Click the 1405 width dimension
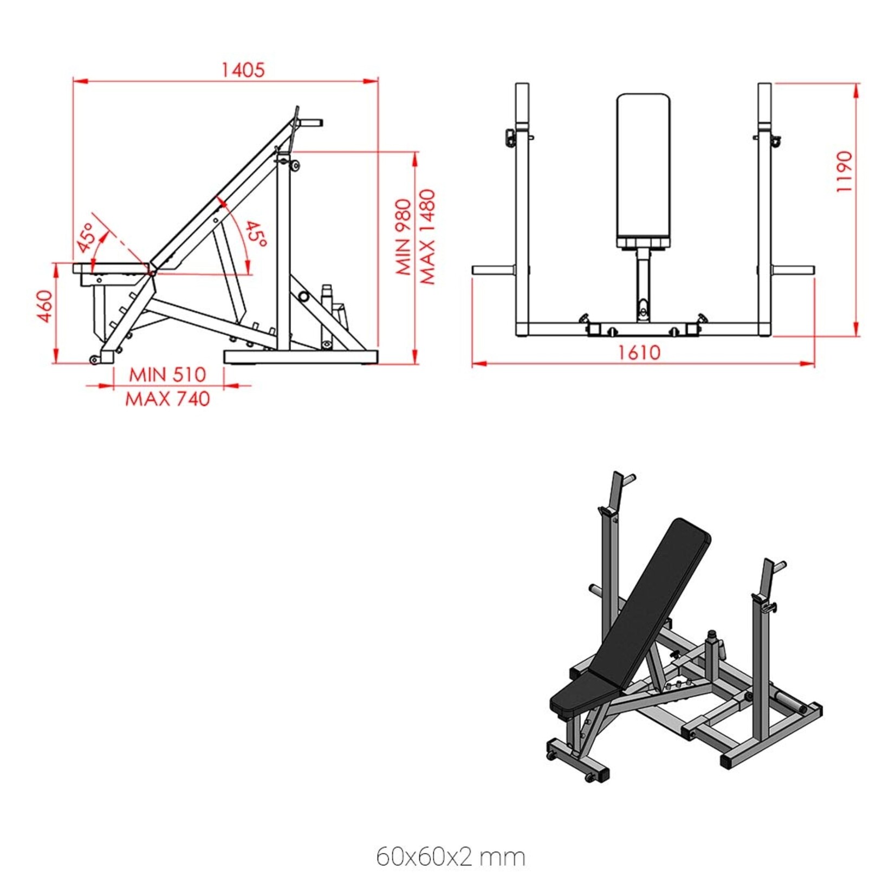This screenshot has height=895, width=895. point(243,70)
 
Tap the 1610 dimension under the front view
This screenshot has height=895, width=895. point(639,353)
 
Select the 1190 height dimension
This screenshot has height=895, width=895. point(845,171)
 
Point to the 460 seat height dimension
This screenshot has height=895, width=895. point(45,306)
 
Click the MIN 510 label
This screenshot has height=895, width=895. point(167,374)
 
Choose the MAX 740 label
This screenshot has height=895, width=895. point(167,399)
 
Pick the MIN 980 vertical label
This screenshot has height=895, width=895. point(404,237)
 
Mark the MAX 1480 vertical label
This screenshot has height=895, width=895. point(427,237)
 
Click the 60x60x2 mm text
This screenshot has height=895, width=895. point(450,857)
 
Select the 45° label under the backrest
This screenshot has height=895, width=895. point(255,234)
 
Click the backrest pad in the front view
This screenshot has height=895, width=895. point(643,168)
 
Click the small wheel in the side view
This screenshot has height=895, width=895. point(95,360)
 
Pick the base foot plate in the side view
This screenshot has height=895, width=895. point(301,356)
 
